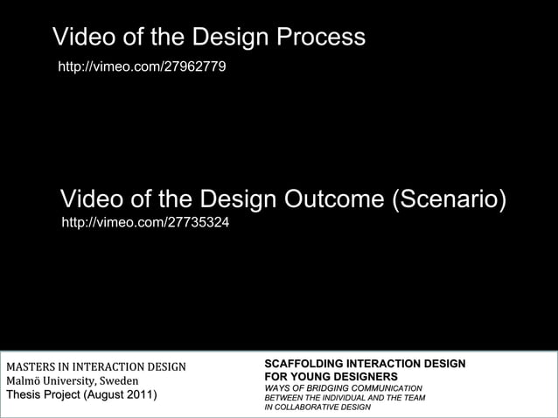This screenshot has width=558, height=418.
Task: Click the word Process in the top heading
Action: click(x=321, y=38)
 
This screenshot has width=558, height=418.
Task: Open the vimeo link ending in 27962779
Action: click(x=142, y=66)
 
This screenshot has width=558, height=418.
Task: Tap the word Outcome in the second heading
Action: click(x=330, y=199)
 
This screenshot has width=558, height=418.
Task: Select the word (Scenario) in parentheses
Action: click(x=449, y=199)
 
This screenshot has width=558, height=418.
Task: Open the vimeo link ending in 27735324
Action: click(x=145, y=224)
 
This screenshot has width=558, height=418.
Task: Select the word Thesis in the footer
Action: click(x=24, y=395)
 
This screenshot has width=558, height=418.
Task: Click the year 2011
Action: click(x=138, y=395)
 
